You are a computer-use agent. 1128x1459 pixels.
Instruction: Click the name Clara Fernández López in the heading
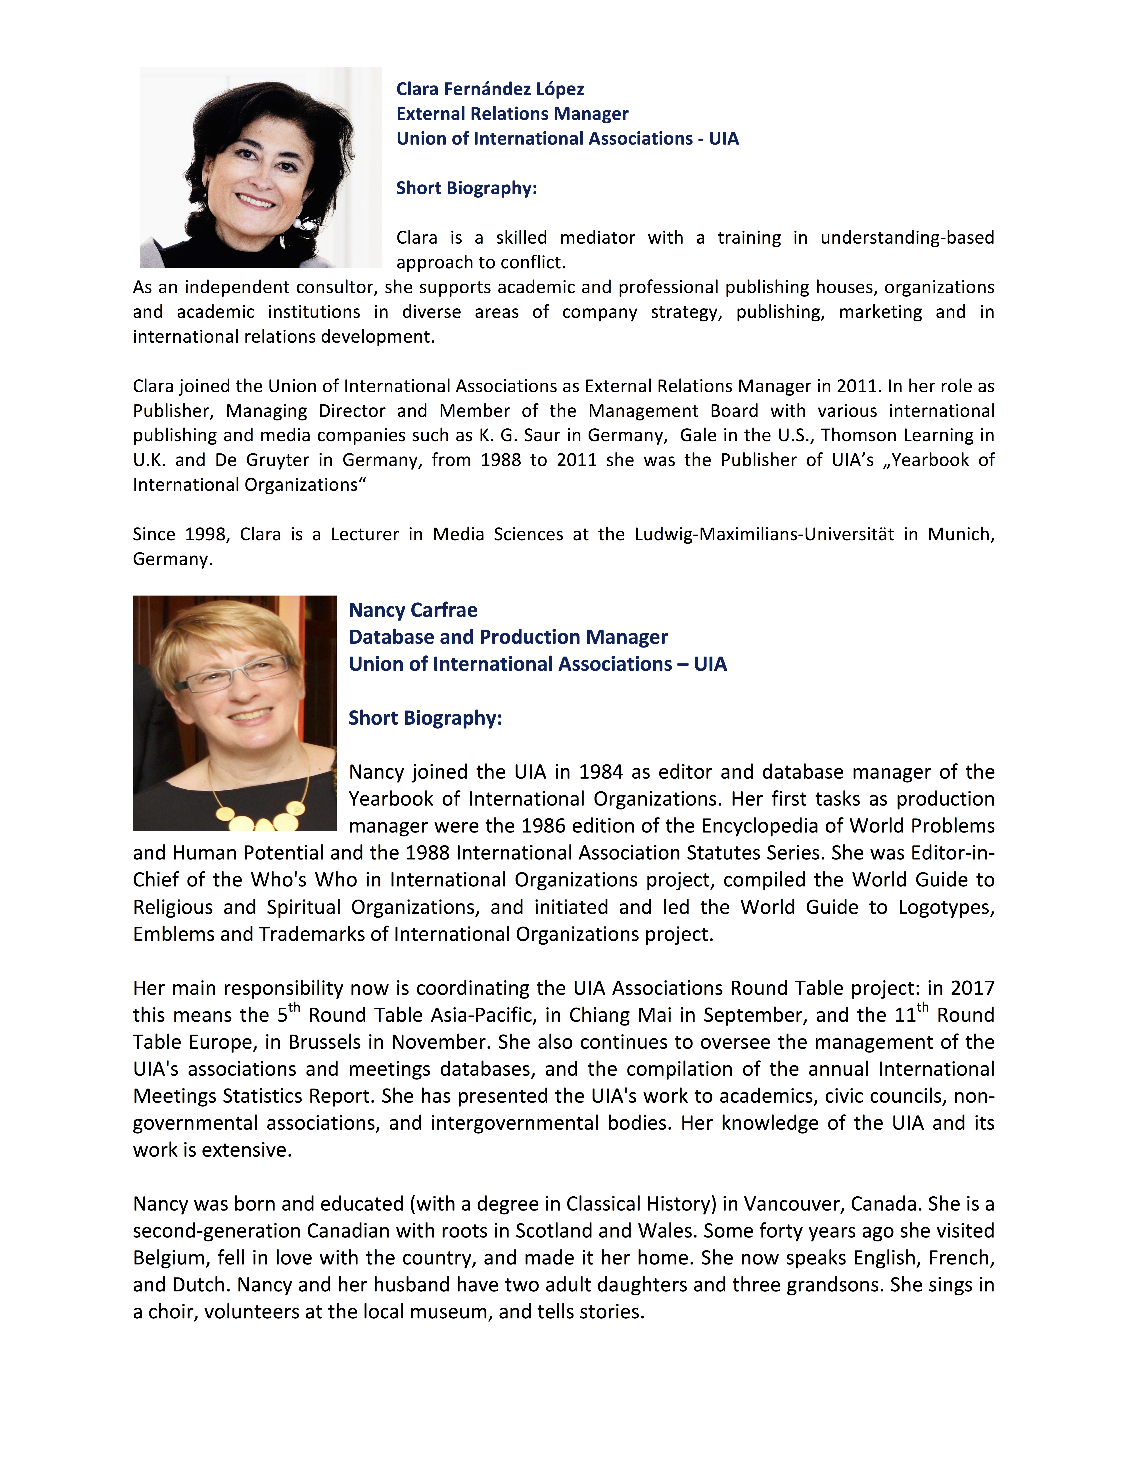pyautogui.click(x=490, y=89)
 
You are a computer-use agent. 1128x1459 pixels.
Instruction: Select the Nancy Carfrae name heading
pyautogui.click(x=413, y=610)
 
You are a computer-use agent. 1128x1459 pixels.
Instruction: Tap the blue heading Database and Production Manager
pyautogui.click(x=508, y=637)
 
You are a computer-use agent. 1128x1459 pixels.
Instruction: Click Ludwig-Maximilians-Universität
pyautogui.click(x=764, y=535)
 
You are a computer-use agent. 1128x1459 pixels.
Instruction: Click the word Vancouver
pyautogui.click(x=792, y=1204)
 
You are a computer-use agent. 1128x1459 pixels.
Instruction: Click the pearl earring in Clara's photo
pyautogui.click(x=298, y=224)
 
